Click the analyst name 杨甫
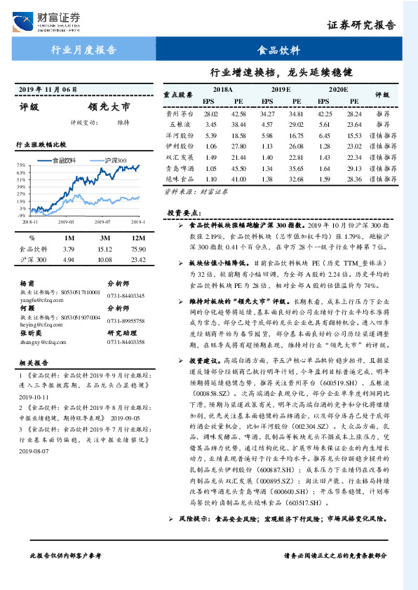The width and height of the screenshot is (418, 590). tap(27, 284)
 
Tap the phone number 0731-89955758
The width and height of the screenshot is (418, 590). tap(126, 320)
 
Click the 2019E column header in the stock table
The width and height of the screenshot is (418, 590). tap(281, 90)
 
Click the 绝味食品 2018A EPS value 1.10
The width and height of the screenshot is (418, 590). tap(210, 179)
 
